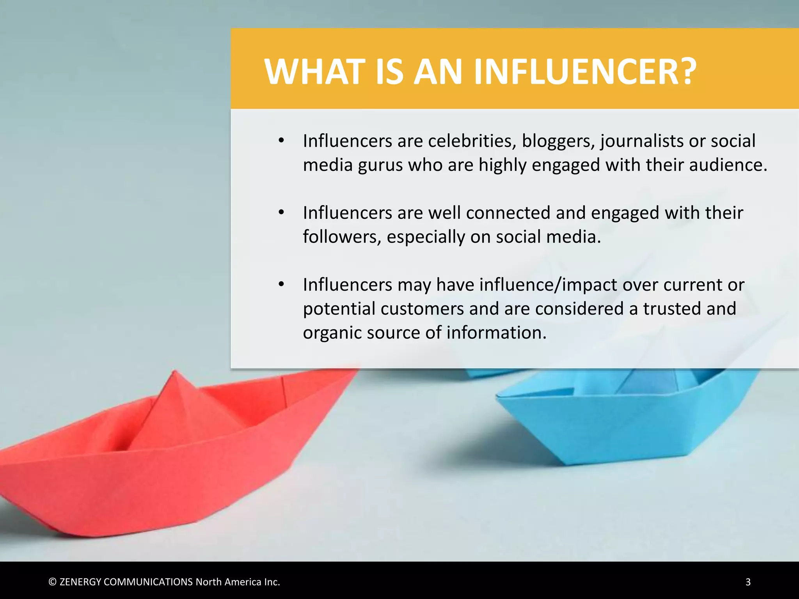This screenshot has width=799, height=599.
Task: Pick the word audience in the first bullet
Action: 728,165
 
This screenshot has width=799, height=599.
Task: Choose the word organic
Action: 332,333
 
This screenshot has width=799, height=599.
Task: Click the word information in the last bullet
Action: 496,333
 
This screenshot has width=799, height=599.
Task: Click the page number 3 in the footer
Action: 748,582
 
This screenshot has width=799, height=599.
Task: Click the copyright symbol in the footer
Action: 52,582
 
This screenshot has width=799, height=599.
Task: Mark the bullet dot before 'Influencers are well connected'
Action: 281,213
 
